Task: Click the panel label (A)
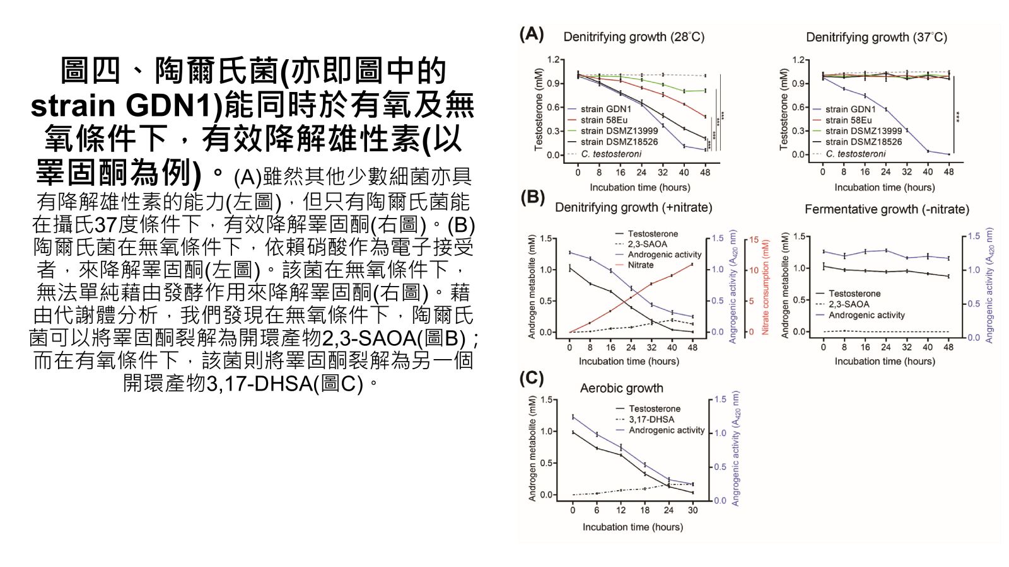coord(531,34)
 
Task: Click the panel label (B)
coord(532,198)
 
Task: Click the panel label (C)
coord(531,378)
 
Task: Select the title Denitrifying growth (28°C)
coord(633,37)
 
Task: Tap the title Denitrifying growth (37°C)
coord(876,37)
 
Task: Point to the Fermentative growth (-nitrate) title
coord(887,209)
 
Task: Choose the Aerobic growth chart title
coord(621,388)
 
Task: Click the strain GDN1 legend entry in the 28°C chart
coord(605,109)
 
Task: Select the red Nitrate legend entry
coord(640,265)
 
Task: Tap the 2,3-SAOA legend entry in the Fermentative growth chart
coord(848,304)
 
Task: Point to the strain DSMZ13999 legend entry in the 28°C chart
coord(619,131)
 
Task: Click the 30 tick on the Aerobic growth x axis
coord(692,510)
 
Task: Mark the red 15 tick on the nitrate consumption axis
coord(754,240)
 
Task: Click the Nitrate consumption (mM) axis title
coord(766,287)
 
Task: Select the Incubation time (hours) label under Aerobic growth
coord(633,527)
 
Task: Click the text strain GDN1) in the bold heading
coord(127,105)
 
